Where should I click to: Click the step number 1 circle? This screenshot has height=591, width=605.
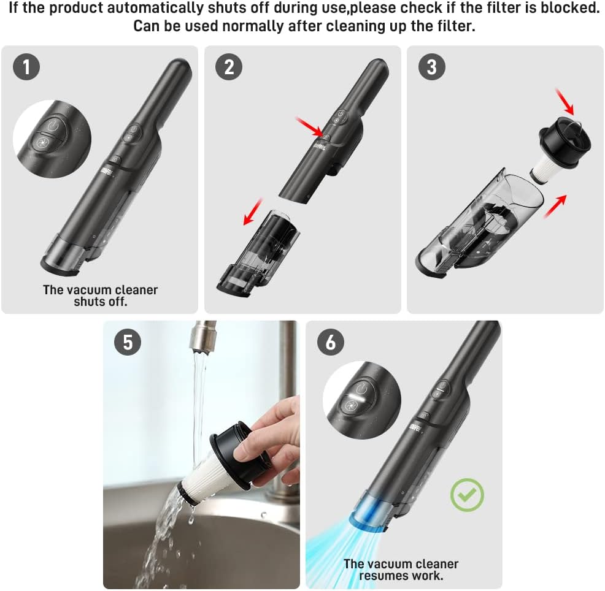[26, 67]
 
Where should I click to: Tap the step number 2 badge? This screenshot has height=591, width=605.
[229, 67]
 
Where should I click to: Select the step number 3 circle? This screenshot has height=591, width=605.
[432, 67]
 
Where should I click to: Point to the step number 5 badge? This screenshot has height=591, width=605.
[128, 342]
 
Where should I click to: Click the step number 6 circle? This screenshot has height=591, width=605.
[331, 342]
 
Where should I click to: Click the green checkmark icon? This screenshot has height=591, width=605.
[468, 495]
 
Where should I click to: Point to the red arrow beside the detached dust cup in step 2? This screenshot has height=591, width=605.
[253, 212]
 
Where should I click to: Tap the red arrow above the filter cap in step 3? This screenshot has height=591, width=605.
[565, 101]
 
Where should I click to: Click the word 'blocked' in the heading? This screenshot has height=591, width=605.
[569, 8]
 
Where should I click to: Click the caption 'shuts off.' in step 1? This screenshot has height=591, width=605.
[100, 302]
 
